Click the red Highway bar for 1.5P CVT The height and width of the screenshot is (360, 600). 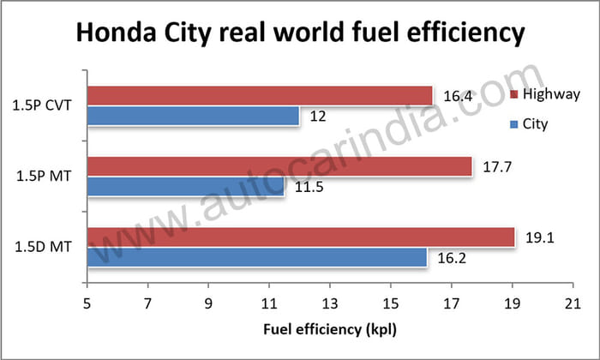257,95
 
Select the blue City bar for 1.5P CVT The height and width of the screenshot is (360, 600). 192,116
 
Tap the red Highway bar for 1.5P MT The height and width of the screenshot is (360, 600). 279,165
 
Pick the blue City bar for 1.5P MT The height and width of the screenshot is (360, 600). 185,186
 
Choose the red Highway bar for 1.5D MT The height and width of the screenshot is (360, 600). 300,237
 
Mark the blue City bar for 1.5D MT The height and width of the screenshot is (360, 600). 256,257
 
